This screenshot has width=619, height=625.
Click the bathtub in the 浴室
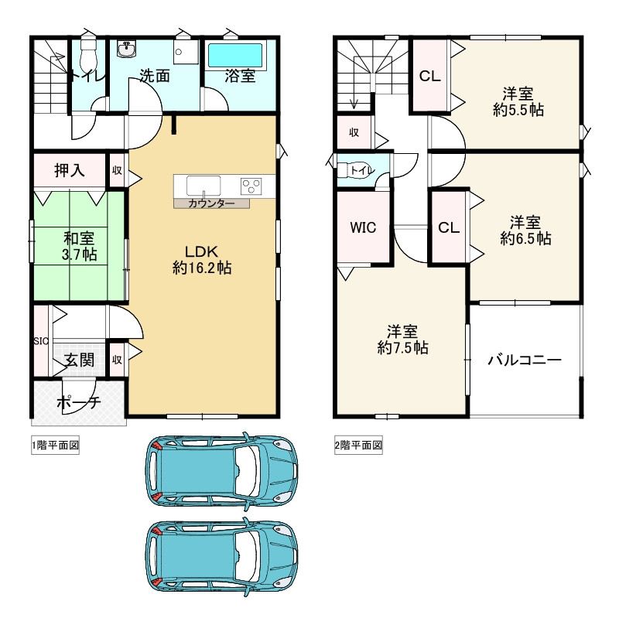pyautogui.click(x=235, y=55)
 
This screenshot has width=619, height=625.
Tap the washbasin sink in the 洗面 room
pyautogui.click(x=127, y=50)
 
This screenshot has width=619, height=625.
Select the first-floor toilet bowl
pyautogui.click(x=87, y=55)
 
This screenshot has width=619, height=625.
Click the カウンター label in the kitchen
pyautogui.click(x=211, y=203)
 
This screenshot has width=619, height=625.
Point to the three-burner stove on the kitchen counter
pyautogui.click(x=251, y=186)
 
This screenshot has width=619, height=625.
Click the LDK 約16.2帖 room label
pyautogui.click(x=202, y=259)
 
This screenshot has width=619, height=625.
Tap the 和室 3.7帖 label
pyautogui.click(x=79, y=246)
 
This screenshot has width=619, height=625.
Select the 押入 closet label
pyautogui.click(x=70, y=170)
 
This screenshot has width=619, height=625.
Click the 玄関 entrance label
pyautogui.click(x=80, y=360)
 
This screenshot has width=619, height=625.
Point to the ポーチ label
pyautogui.click(x=79, y=402)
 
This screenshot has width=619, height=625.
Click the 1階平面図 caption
pyautogui.click(x=56, y=446)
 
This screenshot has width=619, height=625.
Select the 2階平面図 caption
pyautogui.click(x=358, y=446)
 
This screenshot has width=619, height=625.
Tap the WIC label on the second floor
pyautogui.click(x=363, y=227)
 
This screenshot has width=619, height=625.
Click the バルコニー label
pyautogui.click(x=525, y=360)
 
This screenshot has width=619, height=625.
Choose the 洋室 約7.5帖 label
pyautogui.click(x=402, y=340)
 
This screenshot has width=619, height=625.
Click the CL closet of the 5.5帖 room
pyautogui.click(x=430, y=75)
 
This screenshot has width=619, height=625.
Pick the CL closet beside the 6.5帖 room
pyautogui.click(x=449, y=227)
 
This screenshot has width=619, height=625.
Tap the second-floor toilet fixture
pyautogui.click(x=355, y=171)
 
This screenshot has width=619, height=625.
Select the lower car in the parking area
pyautogui.click(x=222, y=557)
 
